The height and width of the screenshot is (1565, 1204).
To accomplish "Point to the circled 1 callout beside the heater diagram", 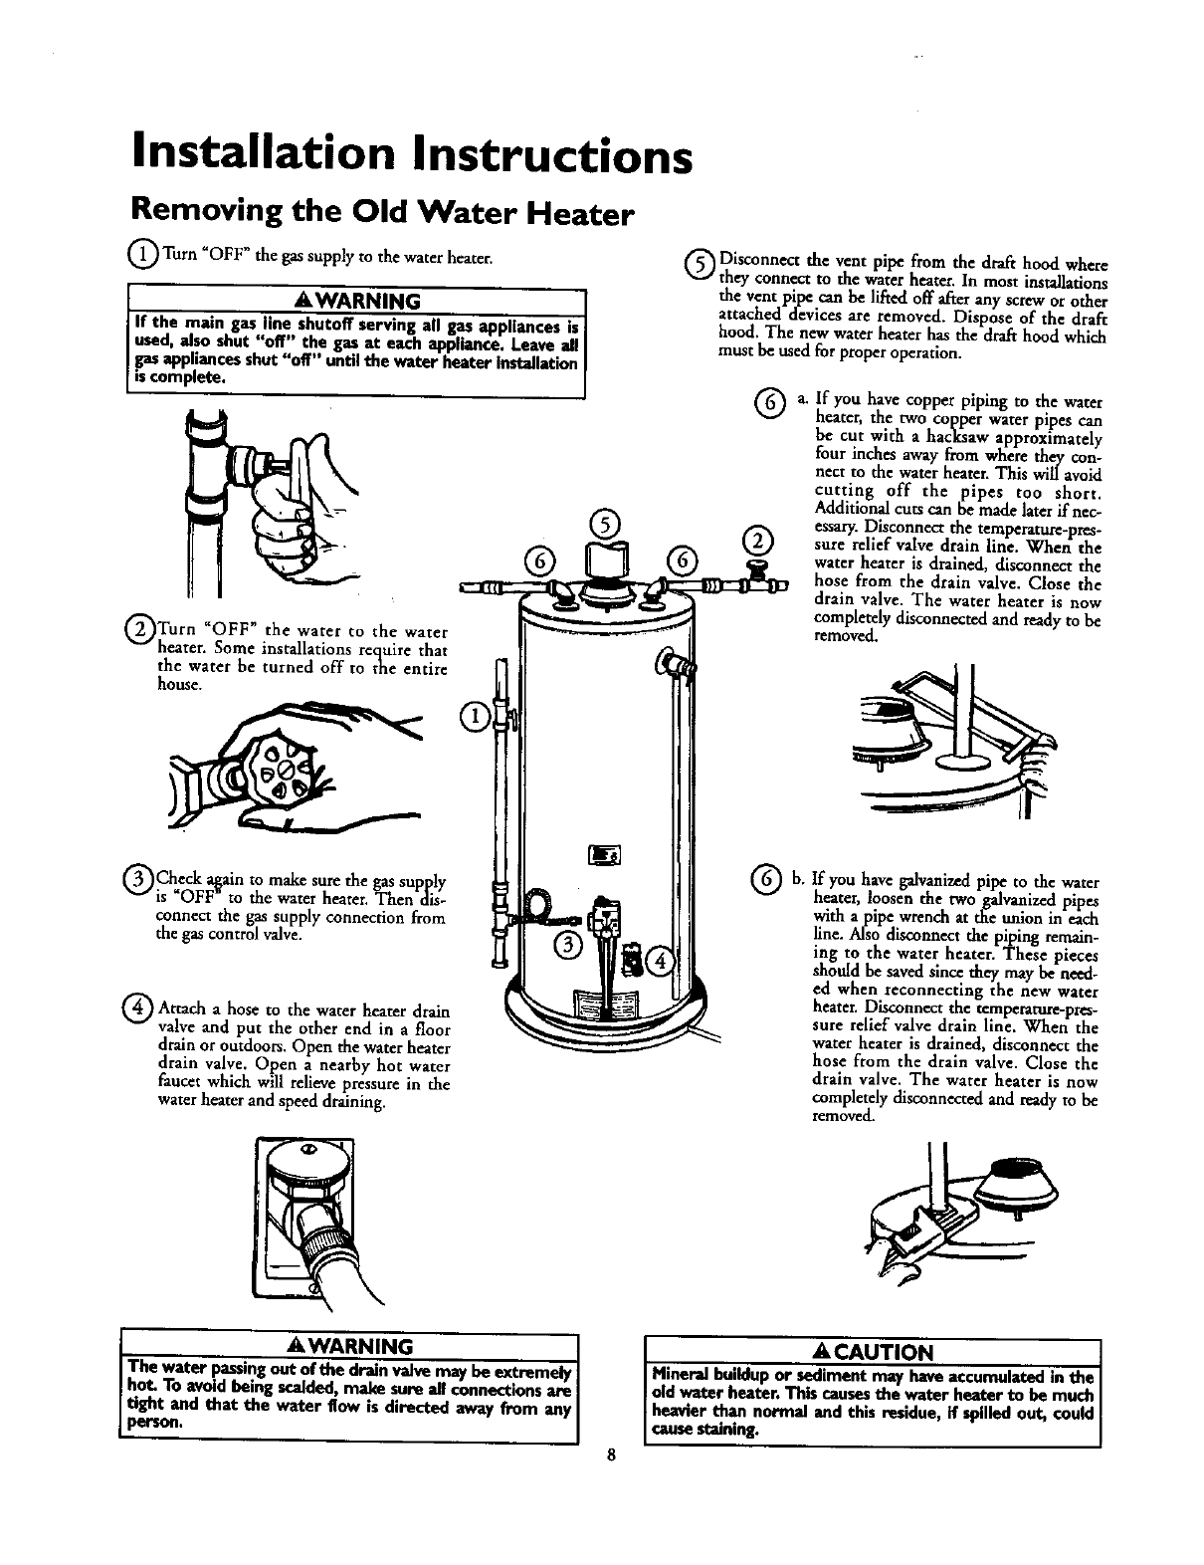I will coord(475,714).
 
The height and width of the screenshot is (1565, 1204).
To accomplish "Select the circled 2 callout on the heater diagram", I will coord(757,543).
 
